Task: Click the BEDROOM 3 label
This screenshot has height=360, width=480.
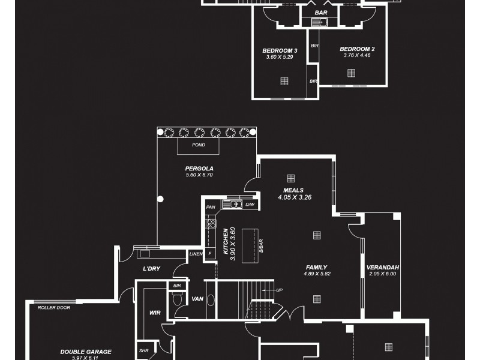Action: (280, 50)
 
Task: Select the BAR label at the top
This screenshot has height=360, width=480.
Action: (320, 12)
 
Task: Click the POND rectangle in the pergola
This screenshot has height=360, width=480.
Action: (198, 145)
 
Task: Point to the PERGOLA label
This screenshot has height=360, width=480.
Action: (199, 169)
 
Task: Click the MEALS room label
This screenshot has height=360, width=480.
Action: (294, 190)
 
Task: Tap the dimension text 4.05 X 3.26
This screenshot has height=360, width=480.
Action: (294, 197)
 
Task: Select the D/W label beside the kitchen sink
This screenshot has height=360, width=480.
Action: (250, 205)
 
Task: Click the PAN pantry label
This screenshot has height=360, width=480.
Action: (211, 207)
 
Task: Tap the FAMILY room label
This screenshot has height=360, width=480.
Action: (316, 268)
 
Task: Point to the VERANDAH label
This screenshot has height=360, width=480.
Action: (383, 267)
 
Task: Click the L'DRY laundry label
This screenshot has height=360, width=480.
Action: (151, 269)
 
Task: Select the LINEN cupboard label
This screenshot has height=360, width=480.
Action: (196, 254)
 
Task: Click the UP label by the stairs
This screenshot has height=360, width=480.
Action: (279, 290)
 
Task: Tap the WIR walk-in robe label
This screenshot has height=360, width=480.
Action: (154, 313)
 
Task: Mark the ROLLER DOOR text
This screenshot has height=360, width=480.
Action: (54, 307)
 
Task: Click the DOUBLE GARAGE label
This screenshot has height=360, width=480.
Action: (85, 352)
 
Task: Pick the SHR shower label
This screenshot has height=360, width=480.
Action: (143, 351)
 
